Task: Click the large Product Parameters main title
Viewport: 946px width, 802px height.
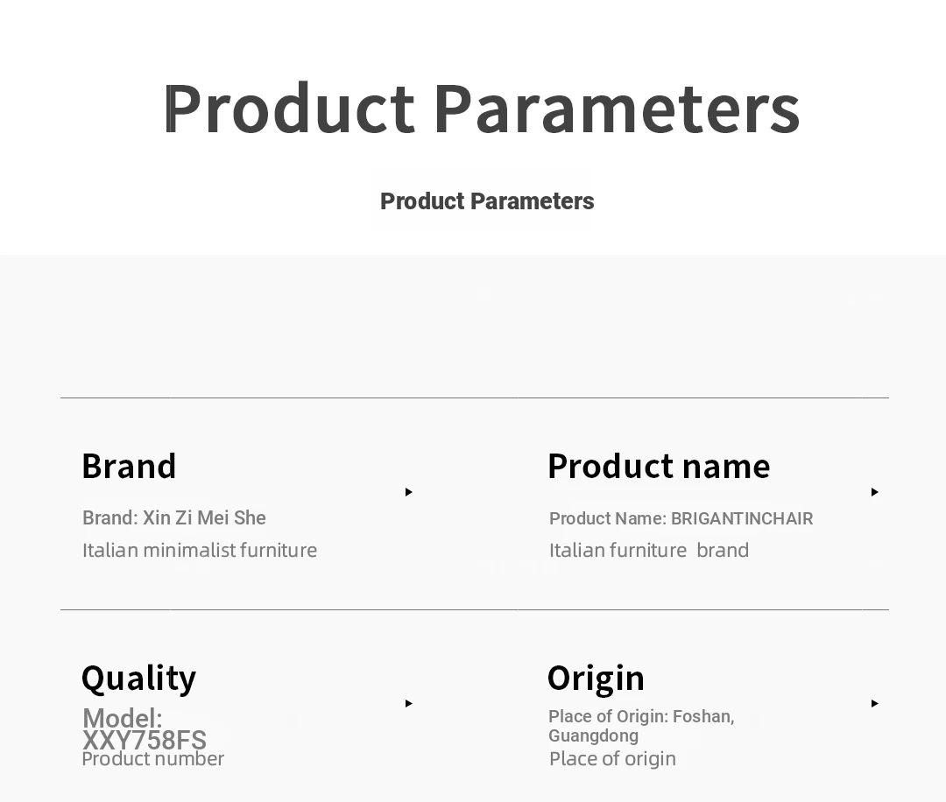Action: (x=482, y=109)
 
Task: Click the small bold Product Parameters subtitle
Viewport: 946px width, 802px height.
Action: (x=487, y=201)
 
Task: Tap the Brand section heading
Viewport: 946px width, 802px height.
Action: (x=129, y=466)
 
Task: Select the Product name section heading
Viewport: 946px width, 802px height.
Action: (x=659, y=466)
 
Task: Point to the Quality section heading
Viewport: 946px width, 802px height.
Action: (x=138, y=679)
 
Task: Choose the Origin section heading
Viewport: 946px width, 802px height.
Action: (x=597, y=679)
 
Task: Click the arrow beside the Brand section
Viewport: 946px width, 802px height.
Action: (x=409, y=492)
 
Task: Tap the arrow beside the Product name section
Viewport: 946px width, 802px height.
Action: (x=875, y=492)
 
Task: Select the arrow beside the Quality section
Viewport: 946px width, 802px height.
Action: (x=409, y=703)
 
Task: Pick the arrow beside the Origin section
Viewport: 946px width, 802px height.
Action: (x=875, y=703)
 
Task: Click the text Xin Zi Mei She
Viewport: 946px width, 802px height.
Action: (x=204, y=518)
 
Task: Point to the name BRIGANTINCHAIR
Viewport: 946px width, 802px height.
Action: (x=742, y=518)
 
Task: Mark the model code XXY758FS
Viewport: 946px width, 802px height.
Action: (x=145, y=740)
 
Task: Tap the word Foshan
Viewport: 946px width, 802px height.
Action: (x=703, y=717)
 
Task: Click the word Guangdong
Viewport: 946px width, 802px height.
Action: (x=593, y=736)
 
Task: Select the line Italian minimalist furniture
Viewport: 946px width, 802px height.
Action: (x=200, y=551)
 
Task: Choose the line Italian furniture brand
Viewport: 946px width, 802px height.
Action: (x=648, y=551)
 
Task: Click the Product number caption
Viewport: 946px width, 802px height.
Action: (x=152, y=759)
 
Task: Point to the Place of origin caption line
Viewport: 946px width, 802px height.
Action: (x=612, y=759)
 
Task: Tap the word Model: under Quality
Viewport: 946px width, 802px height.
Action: (x=123, y=718)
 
